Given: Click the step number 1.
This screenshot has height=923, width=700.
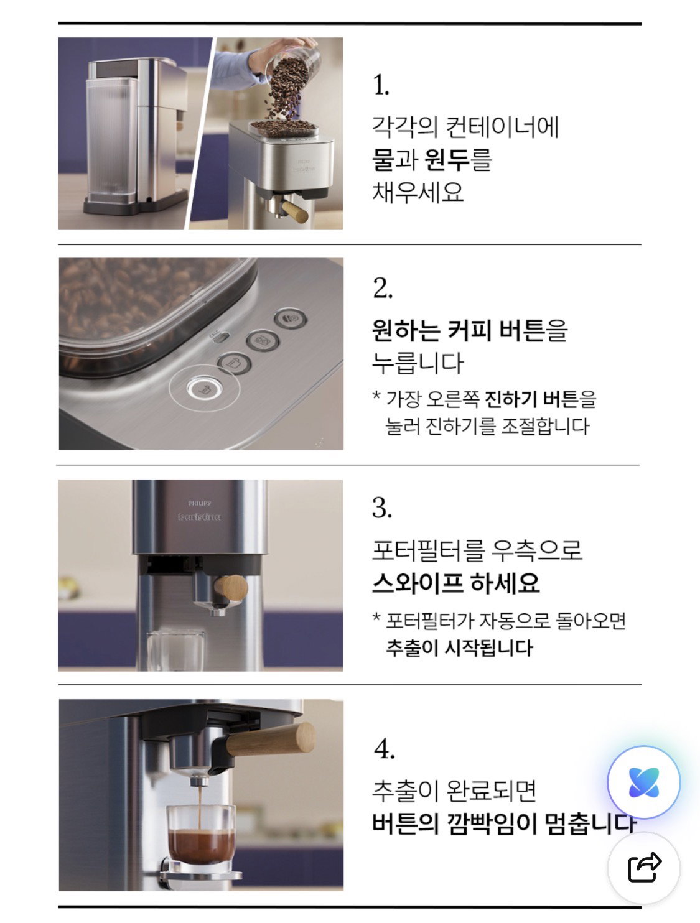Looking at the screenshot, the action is tap(381, 85).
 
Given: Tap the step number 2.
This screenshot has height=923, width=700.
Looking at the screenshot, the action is tap(383, 288).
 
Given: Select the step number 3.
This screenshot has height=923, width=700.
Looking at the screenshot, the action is tap(382, 508).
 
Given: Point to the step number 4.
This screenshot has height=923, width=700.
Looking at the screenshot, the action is tap(385, 749).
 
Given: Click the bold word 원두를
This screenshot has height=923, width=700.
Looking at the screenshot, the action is tap(458, 160).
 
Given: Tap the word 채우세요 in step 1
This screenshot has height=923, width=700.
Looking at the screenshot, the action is tap(418, 192).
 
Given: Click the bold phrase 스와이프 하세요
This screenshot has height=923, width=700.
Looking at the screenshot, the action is tap(455, 583).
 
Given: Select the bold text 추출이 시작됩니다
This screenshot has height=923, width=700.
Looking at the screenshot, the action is tap(459, 648).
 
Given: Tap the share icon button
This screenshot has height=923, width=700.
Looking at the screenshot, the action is tap(644, 866).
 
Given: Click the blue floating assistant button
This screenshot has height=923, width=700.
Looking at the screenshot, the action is tap(643, 782).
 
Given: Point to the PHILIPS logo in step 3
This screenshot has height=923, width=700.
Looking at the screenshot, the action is tap(199, 503).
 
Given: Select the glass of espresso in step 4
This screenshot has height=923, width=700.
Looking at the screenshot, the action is tap(201, 840).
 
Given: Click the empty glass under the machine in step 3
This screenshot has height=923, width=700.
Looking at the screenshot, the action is tap(175, 651).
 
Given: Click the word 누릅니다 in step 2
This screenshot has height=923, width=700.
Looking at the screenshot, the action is tap(418, 363).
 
